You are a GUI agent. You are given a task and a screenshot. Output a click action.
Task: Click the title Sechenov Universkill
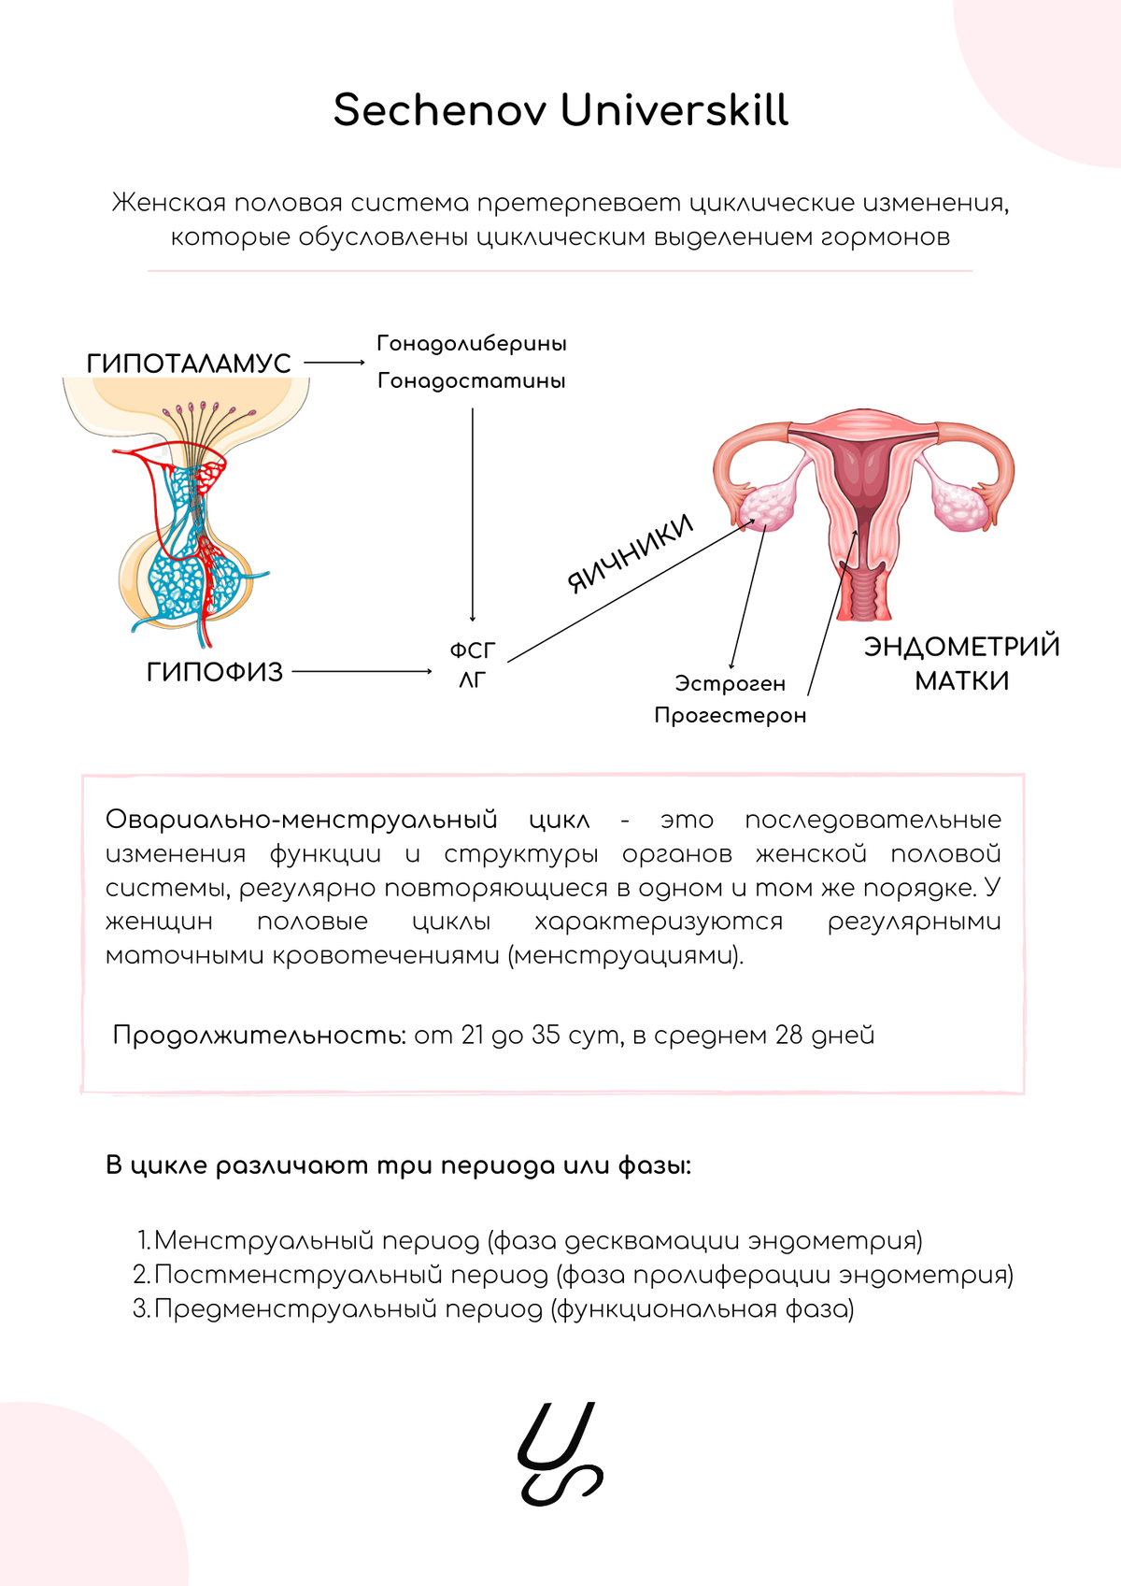(560, 110)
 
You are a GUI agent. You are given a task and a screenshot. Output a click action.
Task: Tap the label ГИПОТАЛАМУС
(189, 363)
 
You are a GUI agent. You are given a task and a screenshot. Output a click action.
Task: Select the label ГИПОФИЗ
(214, 672)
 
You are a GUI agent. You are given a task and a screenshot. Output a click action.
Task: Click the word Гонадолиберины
(472, 343)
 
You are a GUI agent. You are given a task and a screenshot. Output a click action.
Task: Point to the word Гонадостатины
(472, 380)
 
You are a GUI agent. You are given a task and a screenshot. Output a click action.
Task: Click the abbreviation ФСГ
(473, 650)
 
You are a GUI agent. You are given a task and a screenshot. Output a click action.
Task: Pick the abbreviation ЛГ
(473, 680)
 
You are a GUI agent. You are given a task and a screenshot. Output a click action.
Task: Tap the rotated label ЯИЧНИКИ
(631, 553)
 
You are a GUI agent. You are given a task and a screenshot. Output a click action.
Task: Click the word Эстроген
(730, 684)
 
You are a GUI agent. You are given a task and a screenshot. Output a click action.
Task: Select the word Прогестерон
(730, 716)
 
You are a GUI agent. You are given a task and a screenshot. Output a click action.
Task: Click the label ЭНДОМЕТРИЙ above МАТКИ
(961, 647)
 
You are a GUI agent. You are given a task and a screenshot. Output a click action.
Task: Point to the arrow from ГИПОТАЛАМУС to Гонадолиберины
(333, 363)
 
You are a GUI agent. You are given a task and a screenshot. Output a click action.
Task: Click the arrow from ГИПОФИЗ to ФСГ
(362, 671)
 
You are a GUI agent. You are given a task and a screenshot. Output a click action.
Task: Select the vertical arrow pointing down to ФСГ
(473, 514)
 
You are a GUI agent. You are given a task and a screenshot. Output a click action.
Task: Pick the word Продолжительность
(259, 1036)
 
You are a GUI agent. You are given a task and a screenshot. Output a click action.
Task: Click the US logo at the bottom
(560, 1453)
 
